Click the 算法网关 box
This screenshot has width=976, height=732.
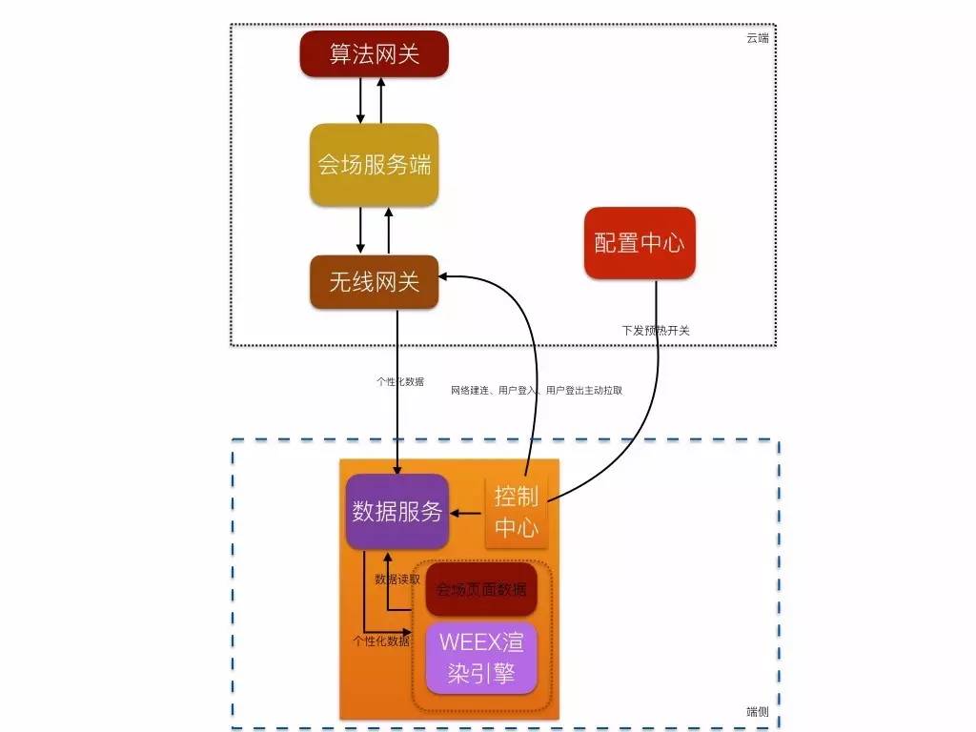tap(374, 53)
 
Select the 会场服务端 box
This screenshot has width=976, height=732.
tap(374, 164)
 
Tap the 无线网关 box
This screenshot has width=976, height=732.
tap(374, 281)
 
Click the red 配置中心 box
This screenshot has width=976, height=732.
tap(640, 243)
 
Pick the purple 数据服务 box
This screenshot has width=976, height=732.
tap(397, 512)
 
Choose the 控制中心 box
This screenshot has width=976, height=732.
tap(517, 512)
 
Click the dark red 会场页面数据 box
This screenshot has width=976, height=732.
tap(481, 590)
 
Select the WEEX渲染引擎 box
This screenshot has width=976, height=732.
tap(481, 658)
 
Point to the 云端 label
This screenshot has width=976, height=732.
tap(758, 38)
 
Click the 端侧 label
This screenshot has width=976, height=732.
tap(758, 711)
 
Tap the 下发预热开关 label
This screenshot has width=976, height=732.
tap(656, 331)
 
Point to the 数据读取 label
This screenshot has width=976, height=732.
tap(397, 579)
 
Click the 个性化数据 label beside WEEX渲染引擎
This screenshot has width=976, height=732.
tap(381, 640)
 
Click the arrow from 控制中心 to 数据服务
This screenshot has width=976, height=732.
tap(467, 514)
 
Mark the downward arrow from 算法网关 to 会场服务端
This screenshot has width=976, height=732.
tap(360, 99)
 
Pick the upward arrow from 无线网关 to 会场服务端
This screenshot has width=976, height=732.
tap(389, 230)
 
